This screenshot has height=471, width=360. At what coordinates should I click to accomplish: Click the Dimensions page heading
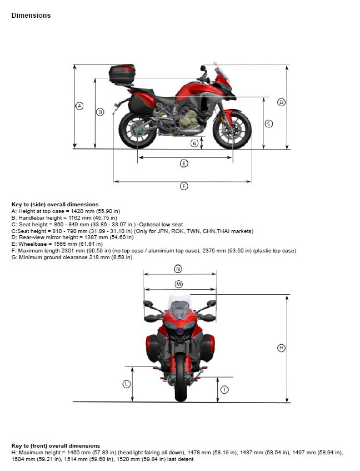[31, 16]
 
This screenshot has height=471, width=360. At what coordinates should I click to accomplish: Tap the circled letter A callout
[79, 106]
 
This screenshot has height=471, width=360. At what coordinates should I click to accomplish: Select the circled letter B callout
[101, 112]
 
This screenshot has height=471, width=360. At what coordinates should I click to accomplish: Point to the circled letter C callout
[268, 123]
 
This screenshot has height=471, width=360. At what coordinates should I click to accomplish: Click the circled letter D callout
[282, 102]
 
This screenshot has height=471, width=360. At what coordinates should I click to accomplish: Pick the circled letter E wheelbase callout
[184, 163]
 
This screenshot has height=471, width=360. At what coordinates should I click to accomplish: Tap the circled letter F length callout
[184, 186]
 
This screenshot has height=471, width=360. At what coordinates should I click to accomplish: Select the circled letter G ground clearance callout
[194, 143]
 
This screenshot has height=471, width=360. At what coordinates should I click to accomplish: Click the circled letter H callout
[282, 348]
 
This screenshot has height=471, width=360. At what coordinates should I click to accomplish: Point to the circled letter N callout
[178, 269]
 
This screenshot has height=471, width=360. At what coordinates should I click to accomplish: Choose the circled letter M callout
[178, 284]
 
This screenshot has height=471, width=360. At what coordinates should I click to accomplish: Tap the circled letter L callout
[127, 384]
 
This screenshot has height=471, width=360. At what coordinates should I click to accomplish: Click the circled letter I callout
[224, 390]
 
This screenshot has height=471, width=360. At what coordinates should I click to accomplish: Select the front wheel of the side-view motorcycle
[232, 130]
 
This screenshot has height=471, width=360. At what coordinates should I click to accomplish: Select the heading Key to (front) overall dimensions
[56, 446]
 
